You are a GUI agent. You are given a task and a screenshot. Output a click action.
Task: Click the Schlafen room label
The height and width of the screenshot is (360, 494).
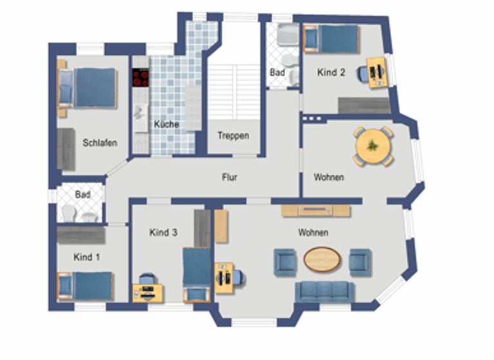[100, 143]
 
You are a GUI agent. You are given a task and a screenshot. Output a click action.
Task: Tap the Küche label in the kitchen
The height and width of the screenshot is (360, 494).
[166, 124]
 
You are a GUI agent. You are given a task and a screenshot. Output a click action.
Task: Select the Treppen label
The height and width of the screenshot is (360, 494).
[233, 136]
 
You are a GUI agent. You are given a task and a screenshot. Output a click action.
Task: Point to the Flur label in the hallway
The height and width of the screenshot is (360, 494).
[230, 177]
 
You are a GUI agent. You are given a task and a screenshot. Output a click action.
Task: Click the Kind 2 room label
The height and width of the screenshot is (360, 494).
[331, 73]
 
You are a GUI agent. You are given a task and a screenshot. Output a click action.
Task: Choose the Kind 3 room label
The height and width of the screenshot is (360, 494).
[163, 232]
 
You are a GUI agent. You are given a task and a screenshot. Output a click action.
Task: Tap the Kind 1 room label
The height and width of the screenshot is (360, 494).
[87, 257]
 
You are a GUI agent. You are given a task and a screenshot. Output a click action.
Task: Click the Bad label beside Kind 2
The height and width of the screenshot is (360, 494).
[277, 73]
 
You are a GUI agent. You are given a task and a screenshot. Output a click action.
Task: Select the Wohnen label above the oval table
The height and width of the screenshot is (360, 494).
[313, 232]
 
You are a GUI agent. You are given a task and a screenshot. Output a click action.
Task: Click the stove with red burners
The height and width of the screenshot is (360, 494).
[140, 78]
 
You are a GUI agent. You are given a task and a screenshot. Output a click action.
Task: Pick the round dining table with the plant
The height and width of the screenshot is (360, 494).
[373, 146]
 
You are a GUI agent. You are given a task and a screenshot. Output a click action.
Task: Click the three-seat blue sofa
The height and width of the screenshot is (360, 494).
[324, 291]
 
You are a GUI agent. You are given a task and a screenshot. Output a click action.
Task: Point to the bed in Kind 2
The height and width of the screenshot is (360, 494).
[332, 39]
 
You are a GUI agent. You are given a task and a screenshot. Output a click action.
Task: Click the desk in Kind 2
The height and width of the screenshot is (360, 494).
[377, 72]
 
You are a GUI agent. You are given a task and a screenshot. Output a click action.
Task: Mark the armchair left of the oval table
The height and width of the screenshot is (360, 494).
[284, 262]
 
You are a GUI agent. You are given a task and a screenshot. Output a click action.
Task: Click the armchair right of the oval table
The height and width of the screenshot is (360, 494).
[360, 262]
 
